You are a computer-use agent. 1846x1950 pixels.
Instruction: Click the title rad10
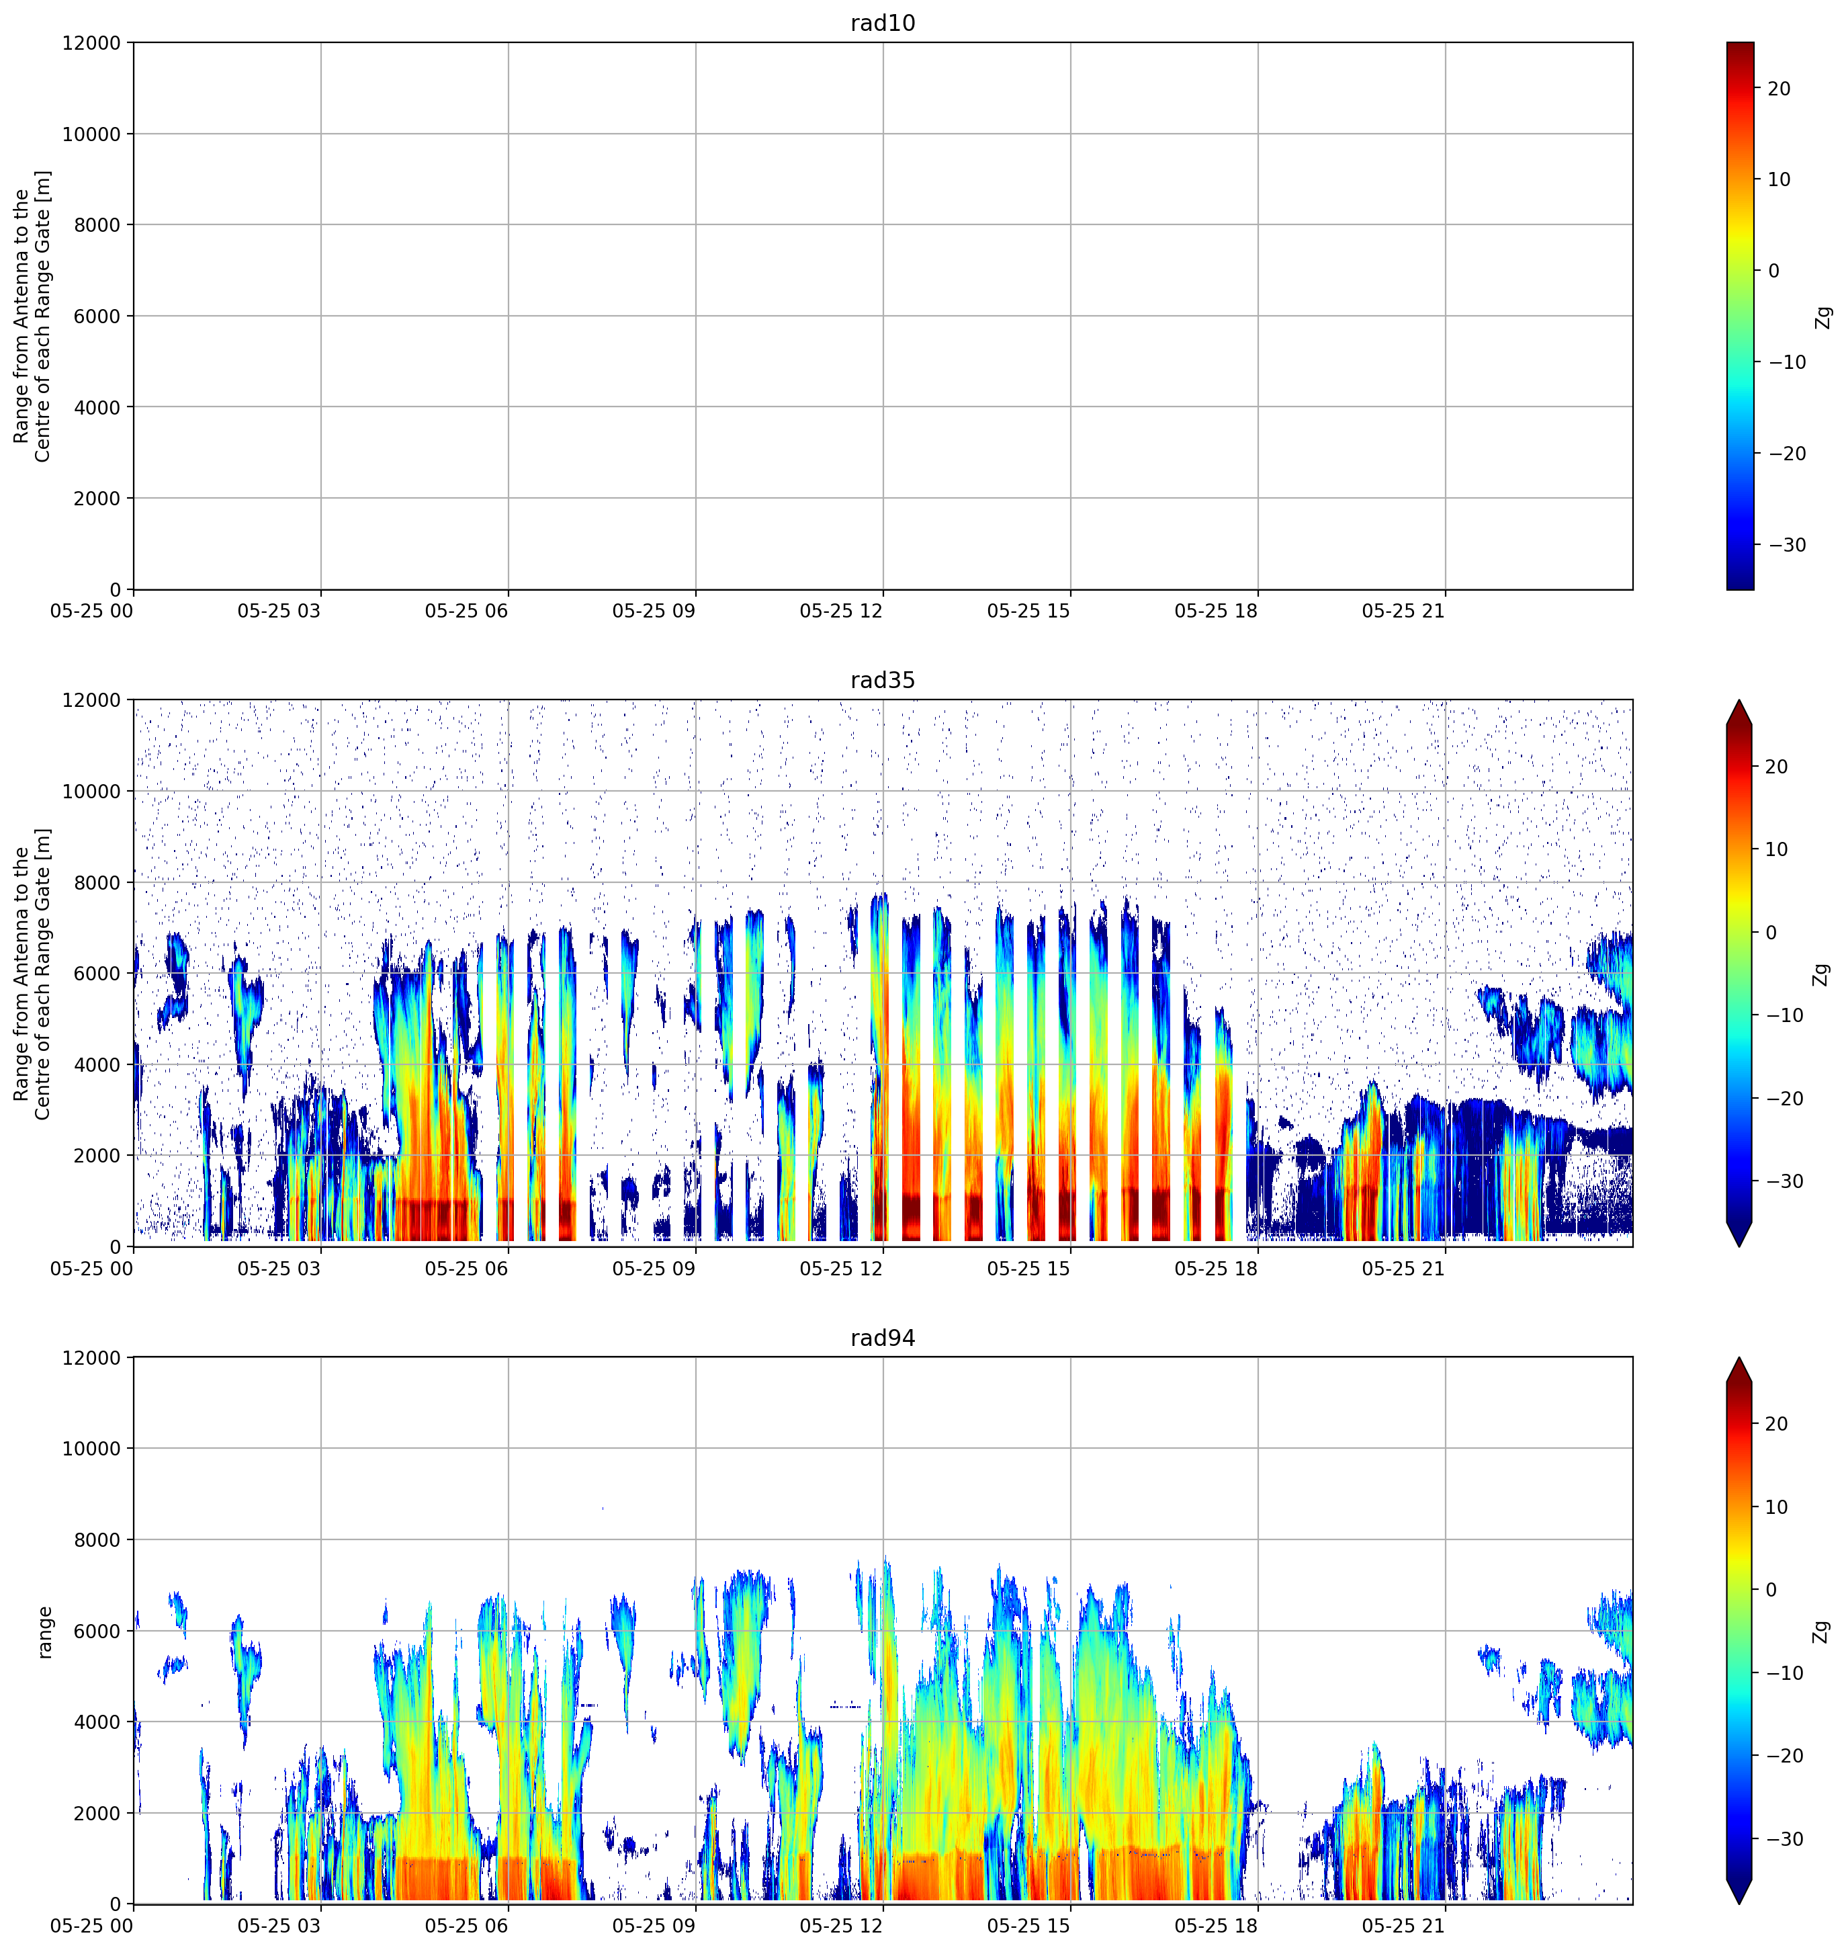883,23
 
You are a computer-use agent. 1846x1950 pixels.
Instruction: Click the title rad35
883,680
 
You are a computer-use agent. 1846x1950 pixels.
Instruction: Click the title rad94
883,1338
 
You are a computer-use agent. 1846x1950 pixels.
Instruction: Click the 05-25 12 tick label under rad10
841,611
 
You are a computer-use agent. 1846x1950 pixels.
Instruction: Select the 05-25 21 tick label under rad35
1403,1269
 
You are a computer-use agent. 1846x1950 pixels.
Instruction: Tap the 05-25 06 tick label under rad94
466,1926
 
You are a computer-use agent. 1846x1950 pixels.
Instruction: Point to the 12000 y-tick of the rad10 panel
91,43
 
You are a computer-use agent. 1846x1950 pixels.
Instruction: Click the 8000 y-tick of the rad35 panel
97,883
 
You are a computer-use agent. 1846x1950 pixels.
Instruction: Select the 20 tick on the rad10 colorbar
1779,89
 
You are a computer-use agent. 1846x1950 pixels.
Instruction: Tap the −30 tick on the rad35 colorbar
1786,1181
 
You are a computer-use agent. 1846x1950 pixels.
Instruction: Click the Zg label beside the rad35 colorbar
1823,974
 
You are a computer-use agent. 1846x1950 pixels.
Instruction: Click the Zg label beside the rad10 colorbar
1823,317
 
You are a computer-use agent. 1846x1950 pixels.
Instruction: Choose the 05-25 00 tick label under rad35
91,1269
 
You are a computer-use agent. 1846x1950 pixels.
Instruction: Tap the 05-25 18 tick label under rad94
1217,1926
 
